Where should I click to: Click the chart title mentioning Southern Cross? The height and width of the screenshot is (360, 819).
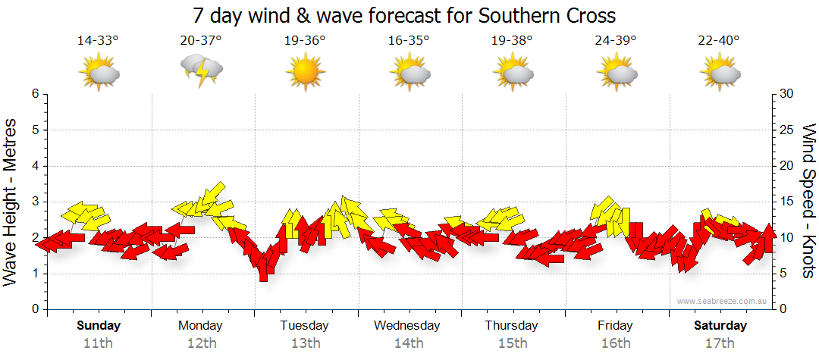403,15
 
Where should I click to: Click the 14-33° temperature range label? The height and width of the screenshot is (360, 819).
98,40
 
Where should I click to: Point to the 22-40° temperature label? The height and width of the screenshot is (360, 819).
719,40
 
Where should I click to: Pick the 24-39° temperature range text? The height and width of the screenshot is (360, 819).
615,40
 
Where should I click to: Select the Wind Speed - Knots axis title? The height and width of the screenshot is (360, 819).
808,201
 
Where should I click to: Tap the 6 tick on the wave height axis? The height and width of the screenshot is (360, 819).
34,94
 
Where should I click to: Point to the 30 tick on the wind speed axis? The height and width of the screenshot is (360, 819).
787,94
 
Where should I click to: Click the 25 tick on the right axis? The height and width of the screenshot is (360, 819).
787,130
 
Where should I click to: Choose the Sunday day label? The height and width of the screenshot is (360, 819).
98,326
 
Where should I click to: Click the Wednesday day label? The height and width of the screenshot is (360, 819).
407,326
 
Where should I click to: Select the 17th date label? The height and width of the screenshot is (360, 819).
720,343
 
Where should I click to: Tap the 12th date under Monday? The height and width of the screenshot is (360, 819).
201,343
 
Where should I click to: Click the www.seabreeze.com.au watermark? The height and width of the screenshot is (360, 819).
723,302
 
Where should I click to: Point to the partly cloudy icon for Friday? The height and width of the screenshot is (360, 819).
616,72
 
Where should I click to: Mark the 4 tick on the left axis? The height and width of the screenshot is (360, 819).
34,166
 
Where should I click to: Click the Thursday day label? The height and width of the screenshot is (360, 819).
512,326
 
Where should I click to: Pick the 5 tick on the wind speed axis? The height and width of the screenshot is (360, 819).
784,274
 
